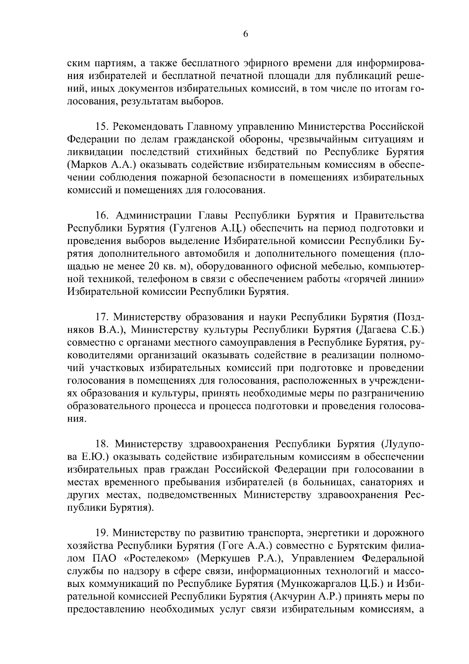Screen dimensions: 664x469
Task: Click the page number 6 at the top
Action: (245, 34)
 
